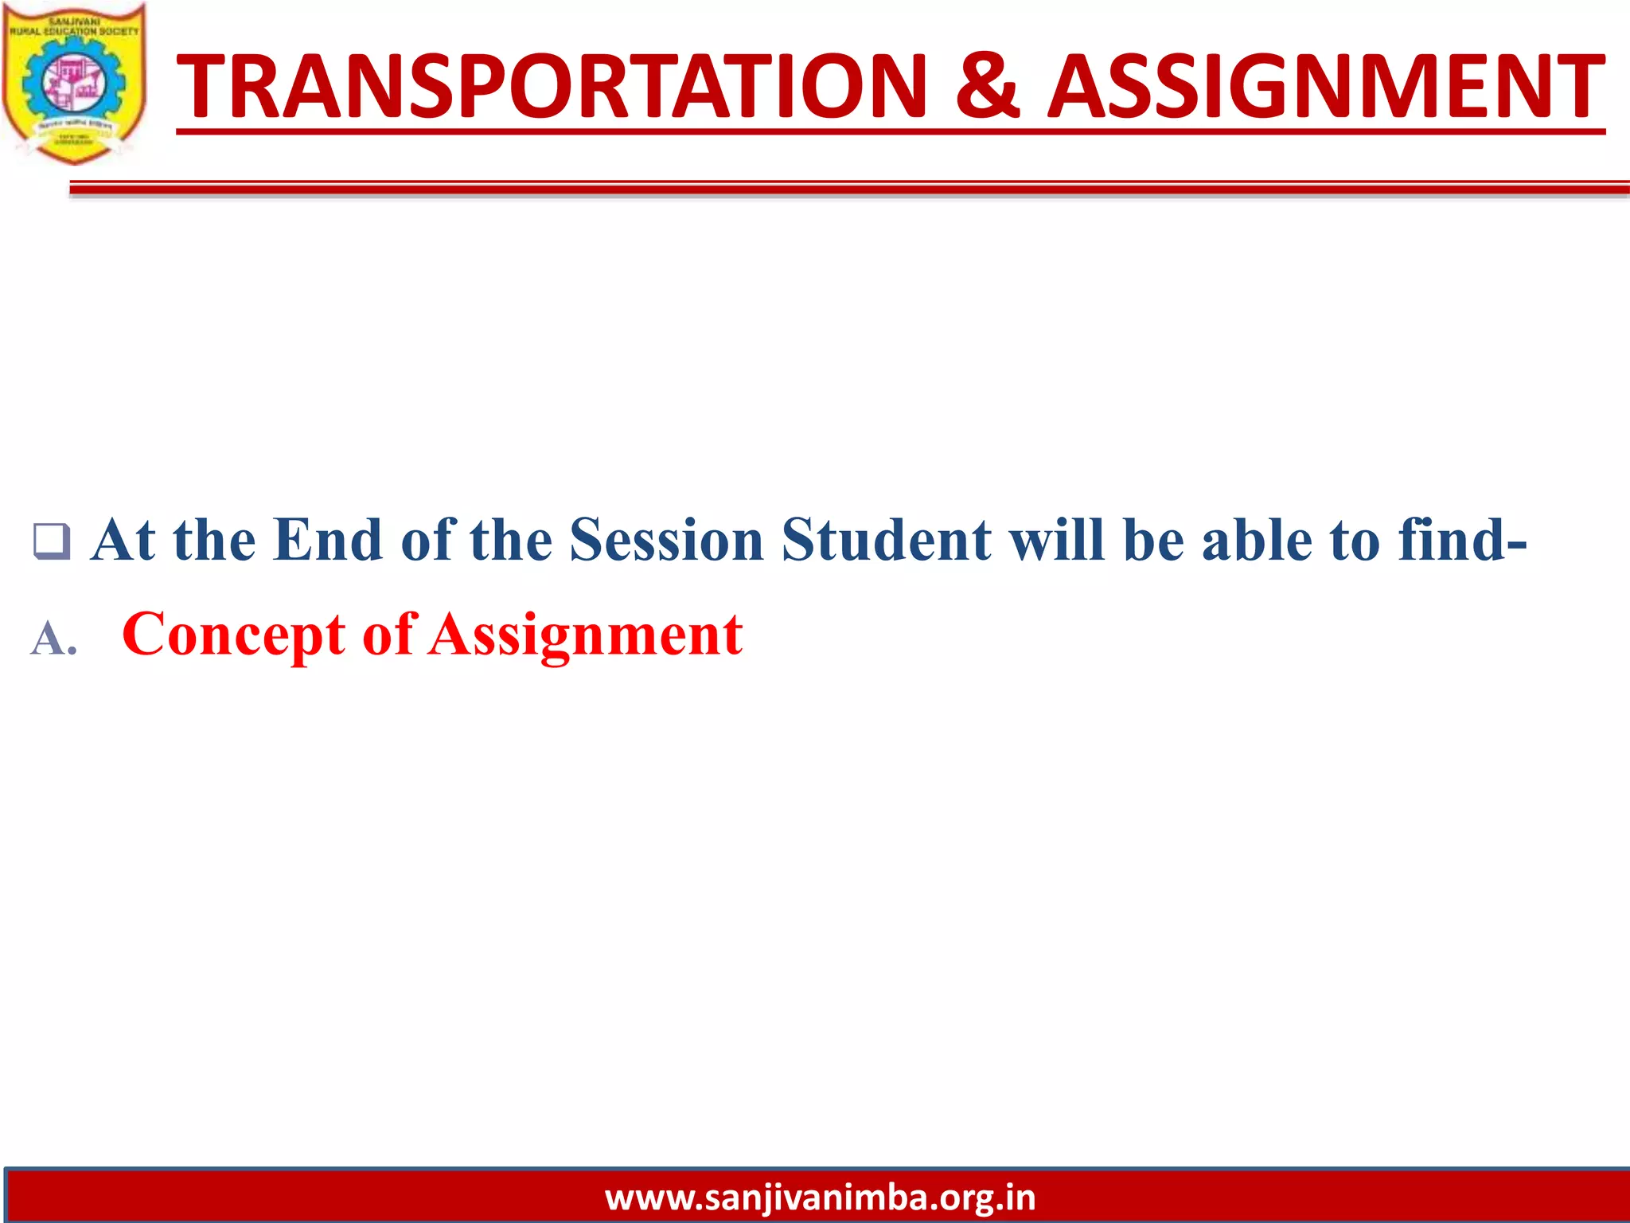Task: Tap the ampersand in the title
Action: click(987, 86)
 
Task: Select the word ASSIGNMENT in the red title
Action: click(1325, 86)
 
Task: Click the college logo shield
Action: click(74, 84)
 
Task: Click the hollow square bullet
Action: click(51, 541)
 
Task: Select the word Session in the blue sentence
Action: click(667, 541)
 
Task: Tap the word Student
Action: click(887, 541)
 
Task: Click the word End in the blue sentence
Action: click(327, 541)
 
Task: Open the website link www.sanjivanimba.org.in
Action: click(820, 1198)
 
